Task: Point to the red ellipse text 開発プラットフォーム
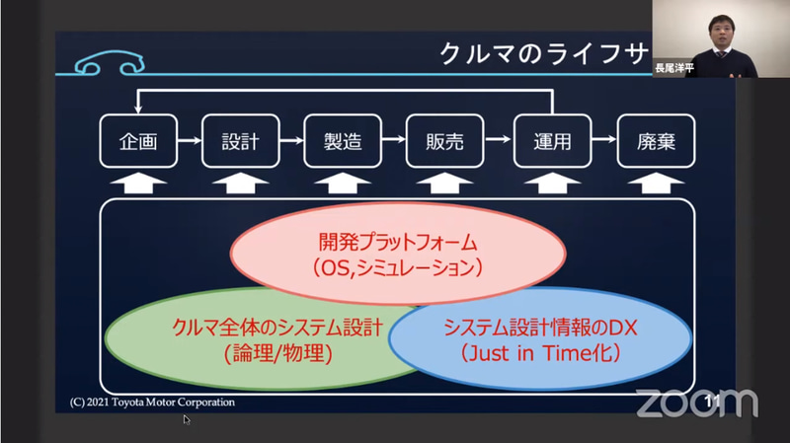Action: tap(398, 240)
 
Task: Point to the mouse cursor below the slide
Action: tap(187, 419)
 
